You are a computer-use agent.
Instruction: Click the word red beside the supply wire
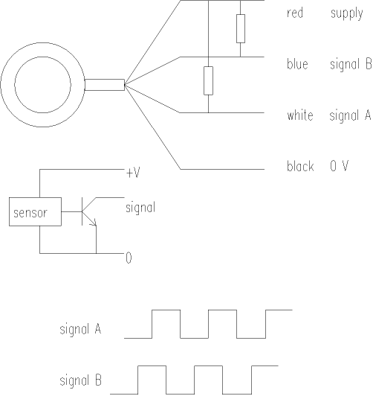click(295, 13)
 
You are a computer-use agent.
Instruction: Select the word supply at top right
click(347, 14)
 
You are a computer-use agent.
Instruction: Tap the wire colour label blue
click(297, 64)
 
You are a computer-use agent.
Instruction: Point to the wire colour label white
click(300, 115)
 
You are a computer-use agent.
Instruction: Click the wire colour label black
click(300, 166)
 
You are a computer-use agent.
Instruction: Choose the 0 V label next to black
click(340, 166)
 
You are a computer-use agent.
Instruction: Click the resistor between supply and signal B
click(241, 28)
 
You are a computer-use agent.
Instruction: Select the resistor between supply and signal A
click(208, 81)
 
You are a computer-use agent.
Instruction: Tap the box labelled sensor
click(35, 211)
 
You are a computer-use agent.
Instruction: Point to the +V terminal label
click(133, 173)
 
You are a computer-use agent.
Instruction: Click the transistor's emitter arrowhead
click(94, 223)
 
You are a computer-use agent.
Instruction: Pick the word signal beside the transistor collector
click(140, 208)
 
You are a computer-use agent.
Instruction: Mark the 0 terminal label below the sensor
click(129, 258)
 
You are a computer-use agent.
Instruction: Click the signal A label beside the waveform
click(80, 329)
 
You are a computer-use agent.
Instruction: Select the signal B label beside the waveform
click(81, 380)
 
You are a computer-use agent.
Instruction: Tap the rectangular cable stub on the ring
click(105, 85)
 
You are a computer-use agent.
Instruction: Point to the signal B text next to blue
click(351, 65)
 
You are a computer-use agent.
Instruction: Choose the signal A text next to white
click(350, 116)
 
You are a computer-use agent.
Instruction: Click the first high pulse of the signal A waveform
click(166, 310)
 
